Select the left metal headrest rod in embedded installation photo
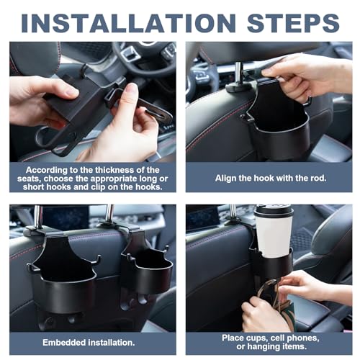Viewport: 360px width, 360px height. (35, 216)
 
